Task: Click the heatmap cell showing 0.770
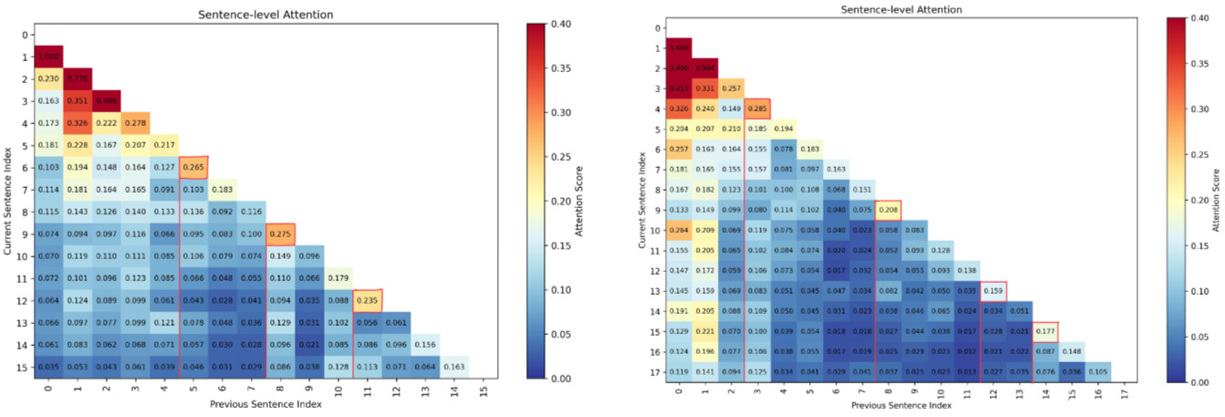pyautogui.click(x=77, y=78)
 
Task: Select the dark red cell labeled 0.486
pyautogui.click(x=106, y=99)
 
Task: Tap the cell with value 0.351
pyautogui.click(x=77, y=99)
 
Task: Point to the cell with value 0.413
pyautogui.click(x=678, y=90)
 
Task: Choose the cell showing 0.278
pyautogui.click(x=135, y=121)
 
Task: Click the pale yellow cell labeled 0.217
pyautogui.click(x=164, y=144)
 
